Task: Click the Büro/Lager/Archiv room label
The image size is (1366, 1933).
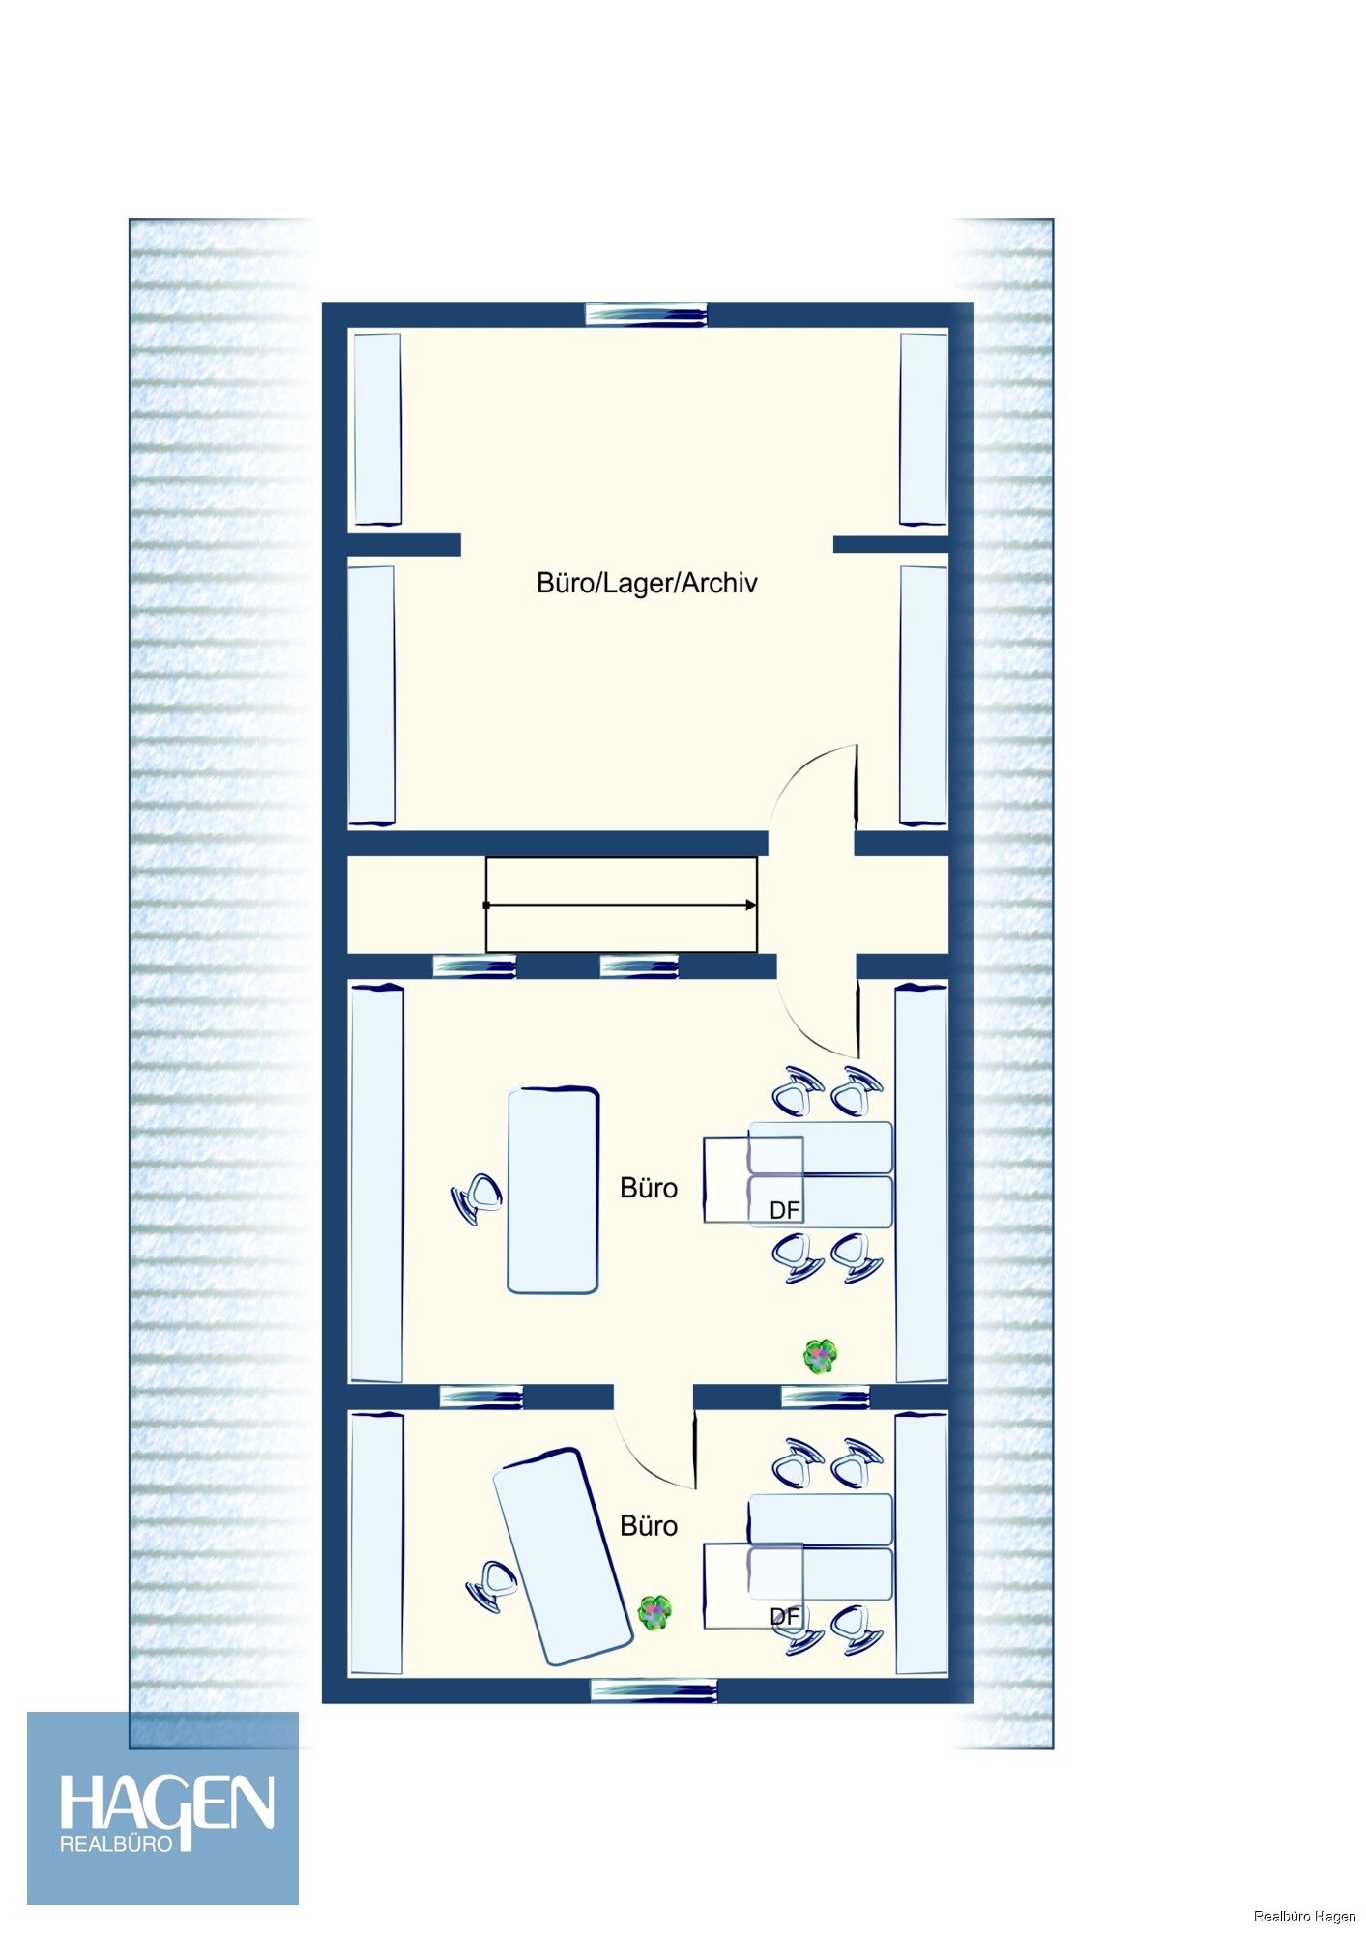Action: click(647, 583)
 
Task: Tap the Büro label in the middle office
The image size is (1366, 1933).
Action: click(649, 1188)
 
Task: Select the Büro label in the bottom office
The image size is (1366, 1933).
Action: click(649, 1525)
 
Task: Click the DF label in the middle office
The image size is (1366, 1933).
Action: click(784, 1210)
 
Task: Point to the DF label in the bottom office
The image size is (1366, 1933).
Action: click(784, 1616)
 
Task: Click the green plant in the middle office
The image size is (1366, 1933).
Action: click(820, 1357)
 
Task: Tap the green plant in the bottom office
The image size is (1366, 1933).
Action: click(655, 1611)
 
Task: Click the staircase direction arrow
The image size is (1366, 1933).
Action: click(621, 905)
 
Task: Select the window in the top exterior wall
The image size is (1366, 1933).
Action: click(646, 314)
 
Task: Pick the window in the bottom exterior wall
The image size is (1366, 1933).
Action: click(654, 1689)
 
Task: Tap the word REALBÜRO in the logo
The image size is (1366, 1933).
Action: click(116, 1843)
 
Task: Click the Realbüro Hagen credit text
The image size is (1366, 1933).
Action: click(1304, 1916)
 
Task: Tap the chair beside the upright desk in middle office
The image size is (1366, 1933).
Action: click(477, 1197)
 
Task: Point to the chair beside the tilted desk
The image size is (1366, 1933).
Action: click(492, 1585)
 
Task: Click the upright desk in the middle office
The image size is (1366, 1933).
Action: click(553, 1190)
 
